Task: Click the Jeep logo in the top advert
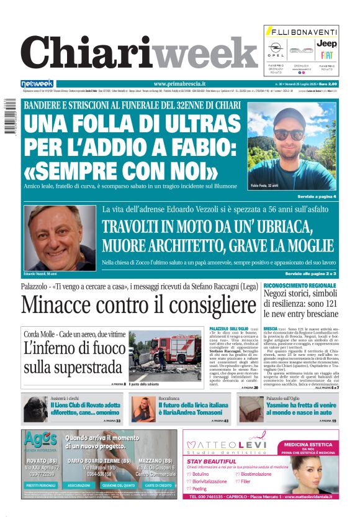click(326, 43)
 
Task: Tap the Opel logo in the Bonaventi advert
click(276, 48)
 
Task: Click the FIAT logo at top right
click(326, 55)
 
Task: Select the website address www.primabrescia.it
click(179, 84)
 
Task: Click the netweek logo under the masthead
click(37, 84)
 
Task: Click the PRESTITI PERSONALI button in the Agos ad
click(41, 485)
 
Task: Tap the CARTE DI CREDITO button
click(158, 485)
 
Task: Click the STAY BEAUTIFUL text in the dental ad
click(207, 462)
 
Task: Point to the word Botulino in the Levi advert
click(202, 473)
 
